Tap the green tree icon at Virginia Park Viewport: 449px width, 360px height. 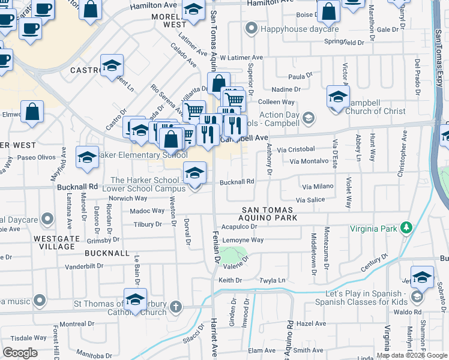[x=407, y=228]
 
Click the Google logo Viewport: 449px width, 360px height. [x=20, y=353]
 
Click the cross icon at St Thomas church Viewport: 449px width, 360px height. [x=175, y=307]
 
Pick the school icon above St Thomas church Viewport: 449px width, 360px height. [x=136, y=299]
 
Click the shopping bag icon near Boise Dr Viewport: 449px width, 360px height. [x=329, y=11]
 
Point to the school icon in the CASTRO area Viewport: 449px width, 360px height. [x=112, y=66]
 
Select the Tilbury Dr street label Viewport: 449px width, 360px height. [x=148, y=224]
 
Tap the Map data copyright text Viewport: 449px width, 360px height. [x=411, y=355]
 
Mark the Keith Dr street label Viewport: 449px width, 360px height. [x=230, y=280]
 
